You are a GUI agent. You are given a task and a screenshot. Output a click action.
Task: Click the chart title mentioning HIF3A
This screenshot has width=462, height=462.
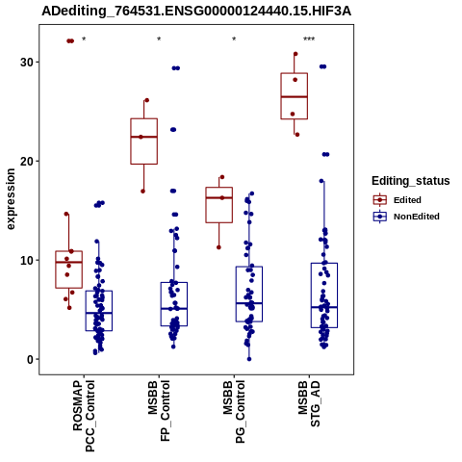pos(196,12)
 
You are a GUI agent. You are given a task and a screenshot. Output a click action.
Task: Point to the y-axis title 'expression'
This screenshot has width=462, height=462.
pos(11,199)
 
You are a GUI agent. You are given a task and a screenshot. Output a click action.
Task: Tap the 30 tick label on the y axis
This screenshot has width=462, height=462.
pos(27,62)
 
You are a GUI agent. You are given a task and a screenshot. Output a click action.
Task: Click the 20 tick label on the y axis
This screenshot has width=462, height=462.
pos(27,161)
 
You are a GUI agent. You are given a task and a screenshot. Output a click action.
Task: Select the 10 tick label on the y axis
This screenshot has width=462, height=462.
pos(27,260)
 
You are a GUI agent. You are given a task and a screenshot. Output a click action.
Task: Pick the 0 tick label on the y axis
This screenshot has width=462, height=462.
pos(31,360)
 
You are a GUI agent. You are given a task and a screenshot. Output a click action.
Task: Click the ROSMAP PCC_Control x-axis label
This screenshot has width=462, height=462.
pos(84,416)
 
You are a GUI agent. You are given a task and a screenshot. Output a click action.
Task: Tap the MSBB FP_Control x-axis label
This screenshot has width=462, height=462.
pos(159,411)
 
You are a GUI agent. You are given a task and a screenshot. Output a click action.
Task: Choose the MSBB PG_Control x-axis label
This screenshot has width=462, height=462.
pos(234,412)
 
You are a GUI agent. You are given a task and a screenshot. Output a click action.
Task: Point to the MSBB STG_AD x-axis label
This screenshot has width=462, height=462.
pos(309,403)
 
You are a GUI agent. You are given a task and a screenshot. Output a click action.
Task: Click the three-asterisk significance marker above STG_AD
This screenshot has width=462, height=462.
pos(309,39)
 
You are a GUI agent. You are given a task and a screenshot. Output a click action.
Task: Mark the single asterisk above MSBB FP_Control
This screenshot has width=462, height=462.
pos(159,39)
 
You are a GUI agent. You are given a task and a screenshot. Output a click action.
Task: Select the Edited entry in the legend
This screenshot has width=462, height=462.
pos(398,200)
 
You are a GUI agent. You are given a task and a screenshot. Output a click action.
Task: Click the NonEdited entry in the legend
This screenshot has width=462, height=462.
pos(406,217)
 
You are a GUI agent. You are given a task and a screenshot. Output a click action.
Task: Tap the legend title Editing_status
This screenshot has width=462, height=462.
pos(411,181)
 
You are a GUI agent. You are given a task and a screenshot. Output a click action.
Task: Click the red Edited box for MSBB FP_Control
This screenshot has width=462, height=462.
pos(144,141)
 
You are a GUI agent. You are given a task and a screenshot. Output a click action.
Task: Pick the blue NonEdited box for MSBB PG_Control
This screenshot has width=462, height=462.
pos(249,294)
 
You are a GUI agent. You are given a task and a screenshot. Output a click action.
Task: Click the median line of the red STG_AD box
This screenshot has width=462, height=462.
pos(295,96)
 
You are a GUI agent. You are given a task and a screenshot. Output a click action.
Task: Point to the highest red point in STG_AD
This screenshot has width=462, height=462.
pos(295,54)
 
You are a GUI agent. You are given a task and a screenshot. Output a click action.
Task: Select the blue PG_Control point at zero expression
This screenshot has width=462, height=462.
pos(249,359)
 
